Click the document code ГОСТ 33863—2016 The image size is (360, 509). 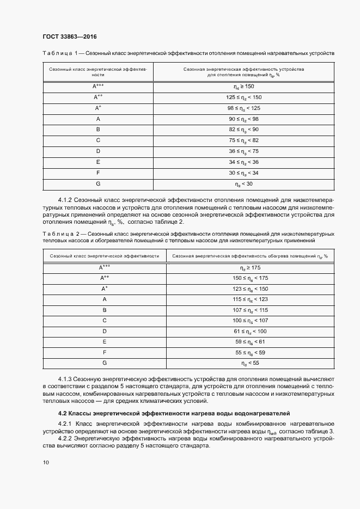point(70,36)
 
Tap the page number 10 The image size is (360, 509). point(46,463)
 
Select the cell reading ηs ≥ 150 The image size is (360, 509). point(243,87)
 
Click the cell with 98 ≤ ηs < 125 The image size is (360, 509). point(243,108)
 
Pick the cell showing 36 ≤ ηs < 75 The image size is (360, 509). point(243,151)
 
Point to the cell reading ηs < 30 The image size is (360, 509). point(243,184)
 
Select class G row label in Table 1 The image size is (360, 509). point(98,184)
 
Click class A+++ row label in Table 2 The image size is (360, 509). point(105,267)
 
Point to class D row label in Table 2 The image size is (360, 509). point(105,331)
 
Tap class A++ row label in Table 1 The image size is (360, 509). point(98,97)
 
